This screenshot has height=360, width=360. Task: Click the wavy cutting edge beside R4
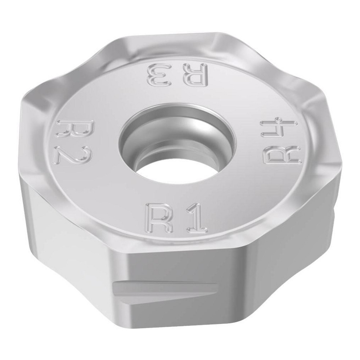317,126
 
